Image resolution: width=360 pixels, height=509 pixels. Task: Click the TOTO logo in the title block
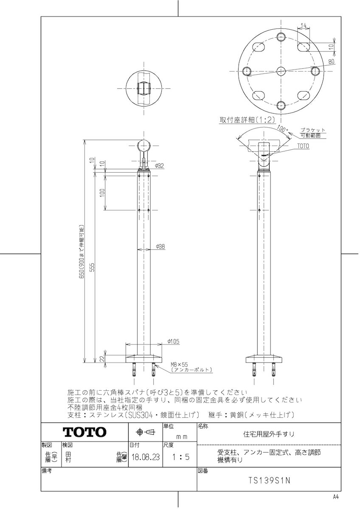[x=84, y=432]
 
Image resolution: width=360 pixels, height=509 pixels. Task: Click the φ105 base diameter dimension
[x=172, y=341]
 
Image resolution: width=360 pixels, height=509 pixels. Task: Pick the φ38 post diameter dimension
[x=160, y=246]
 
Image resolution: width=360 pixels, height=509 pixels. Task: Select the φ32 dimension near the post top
[x=160, y=165]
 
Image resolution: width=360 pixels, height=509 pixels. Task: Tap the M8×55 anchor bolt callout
[x=179, y=364]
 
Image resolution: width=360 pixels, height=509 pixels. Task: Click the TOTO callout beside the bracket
[x=303, y=146]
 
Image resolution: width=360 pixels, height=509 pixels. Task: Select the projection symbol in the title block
[x=145, y=432]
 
